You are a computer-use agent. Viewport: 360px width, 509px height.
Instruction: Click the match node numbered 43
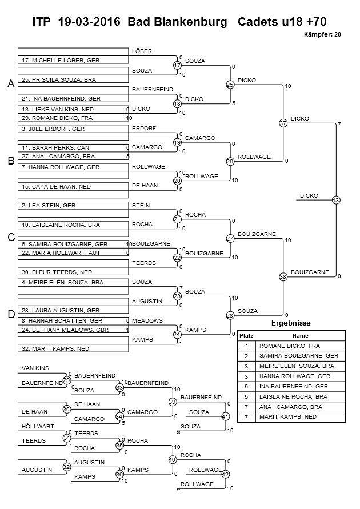[335, 200]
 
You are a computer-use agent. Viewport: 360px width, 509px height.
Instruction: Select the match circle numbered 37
[282, 123]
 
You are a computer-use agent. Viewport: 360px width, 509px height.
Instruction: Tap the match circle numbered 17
[177, 66]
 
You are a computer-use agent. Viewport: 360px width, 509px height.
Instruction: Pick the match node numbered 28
[230, 315]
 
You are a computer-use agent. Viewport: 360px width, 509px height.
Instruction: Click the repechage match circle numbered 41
[225, 416]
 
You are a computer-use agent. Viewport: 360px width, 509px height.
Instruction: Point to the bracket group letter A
[11, 84]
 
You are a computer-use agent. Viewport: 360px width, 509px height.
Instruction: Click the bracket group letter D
[11, 314]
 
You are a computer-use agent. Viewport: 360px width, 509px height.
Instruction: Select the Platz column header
[246, 336]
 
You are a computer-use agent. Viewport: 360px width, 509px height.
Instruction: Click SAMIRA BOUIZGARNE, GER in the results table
[299, 355]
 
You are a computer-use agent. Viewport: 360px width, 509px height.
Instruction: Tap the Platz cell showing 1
[246, 346]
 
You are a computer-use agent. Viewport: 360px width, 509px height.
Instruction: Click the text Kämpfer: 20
[324, 35]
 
